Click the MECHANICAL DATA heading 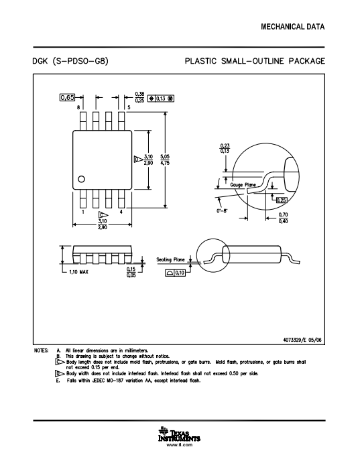click(x=293, y=27)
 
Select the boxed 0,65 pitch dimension click(x=67, y=97)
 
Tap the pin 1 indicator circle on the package click(x=82, y=179)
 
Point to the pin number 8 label click(x=78, y=107)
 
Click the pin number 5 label click(x=129, y=107)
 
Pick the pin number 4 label click(x=121, y=212)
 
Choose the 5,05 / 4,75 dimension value click(x=165, y=159)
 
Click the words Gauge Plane click(x=243, y=184)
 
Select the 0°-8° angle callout click(x=222, y=210)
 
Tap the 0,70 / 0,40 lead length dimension click(x=283, y=218)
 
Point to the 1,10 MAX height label click(x=79, y=272)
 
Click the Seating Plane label click(x=170, y=259)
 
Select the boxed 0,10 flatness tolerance click(x=176, y=273)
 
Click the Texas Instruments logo click(x=179, y=434)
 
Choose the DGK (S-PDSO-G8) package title click(x=70, y=61)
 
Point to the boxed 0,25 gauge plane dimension click(x=282, y=200)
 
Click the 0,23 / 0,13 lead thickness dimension click(x=225, y=149)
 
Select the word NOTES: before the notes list click(x=41, y=350)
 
